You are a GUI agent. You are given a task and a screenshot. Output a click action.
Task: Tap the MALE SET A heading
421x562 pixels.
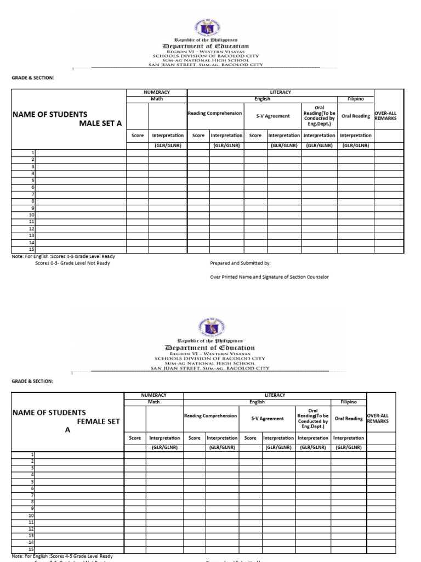pos(100,123)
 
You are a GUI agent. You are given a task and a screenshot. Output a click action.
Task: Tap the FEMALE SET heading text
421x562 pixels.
pos(98,421)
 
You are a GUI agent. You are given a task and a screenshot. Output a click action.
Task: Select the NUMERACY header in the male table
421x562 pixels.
pos(157,92)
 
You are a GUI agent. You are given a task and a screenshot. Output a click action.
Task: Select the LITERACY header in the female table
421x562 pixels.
pos(274,395)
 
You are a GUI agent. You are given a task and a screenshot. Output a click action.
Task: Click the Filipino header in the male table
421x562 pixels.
pos(356,99)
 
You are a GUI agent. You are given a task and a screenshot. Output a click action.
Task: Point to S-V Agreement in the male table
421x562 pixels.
pos(272,116)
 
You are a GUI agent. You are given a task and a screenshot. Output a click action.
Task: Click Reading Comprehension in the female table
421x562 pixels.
pos(210,416)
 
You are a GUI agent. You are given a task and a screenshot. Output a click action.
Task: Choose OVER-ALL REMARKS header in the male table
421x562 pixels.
pos(385,116)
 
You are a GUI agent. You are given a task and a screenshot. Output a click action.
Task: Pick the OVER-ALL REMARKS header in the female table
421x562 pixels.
pos(377,419)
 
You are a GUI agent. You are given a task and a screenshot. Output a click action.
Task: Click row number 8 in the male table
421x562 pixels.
pos(33,201)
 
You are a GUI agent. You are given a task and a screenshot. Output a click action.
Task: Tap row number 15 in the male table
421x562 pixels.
pos(32,249)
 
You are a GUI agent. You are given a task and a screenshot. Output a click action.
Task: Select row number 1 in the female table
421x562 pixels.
pos(32,454)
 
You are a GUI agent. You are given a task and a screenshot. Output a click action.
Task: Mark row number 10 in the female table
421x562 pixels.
pos(31,516)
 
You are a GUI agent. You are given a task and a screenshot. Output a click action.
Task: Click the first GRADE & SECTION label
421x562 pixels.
pos(33,78)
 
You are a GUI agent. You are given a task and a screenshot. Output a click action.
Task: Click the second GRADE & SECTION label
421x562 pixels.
pos(33,381)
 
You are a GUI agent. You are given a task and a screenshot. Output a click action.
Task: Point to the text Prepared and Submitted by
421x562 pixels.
pos(240,263)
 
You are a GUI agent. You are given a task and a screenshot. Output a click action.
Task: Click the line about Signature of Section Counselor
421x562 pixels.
pos(269,277)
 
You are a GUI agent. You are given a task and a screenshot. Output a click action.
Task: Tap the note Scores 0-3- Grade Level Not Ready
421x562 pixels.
pos(72,263)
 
